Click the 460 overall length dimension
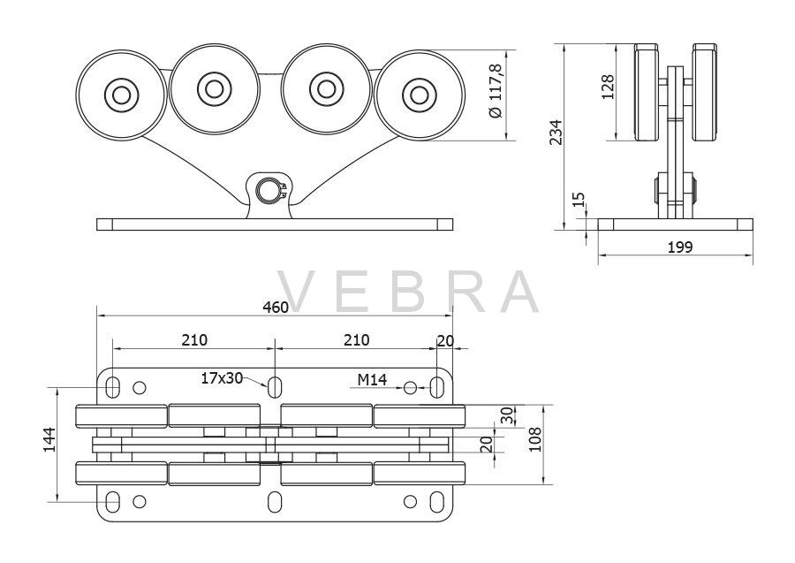click(x=276, y=307)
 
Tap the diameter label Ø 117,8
click(x=496, y=91)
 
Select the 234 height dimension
click(x=556, y=133)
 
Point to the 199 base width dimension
click(x=680, y=247)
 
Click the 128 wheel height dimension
click(x=608, y=87)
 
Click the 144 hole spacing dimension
click(x=49, y=439)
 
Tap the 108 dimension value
click(x=535, y=439)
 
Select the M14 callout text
click(x=372, y=379)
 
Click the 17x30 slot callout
click(x=222, y=378)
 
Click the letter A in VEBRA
click(x=516, y=292)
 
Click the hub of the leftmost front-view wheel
click(x=121, y=95)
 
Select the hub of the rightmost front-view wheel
click(x=419, y=95)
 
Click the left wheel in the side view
click(x=647, y=92)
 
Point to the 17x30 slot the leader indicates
click(x=275, y=387)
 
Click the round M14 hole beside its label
click(x=410, y=388)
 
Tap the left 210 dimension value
click(x=194, y=339)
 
